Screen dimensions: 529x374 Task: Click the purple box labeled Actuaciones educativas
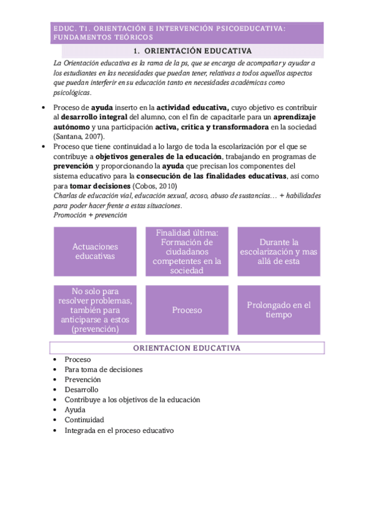point(94,251)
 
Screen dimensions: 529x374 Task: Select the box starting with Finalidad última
point(187,251)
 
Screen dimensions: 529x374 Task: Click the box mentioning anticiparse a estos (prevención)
point(94,310)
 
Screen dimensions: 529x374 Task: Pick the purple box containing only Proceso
point(187,310)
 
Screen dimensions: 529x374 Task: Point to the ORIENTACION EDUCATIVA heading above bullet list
point(187,348)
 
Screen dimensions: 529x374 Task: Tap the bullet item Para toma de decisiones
point(104,369)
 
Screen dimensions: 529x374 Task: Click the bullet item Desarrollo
point(81,389)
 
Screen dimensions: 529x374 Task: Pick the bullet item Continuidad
point(84,420)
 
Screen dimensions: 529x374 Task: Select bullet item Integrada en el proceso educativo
point(119,430)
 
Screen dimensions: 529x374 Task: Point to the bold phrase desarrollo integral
point(94,117)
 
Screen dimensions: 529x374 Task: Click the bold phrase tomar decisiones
point(100,186)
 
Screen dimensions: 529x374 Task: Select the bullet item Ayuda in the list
point(75,410)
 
